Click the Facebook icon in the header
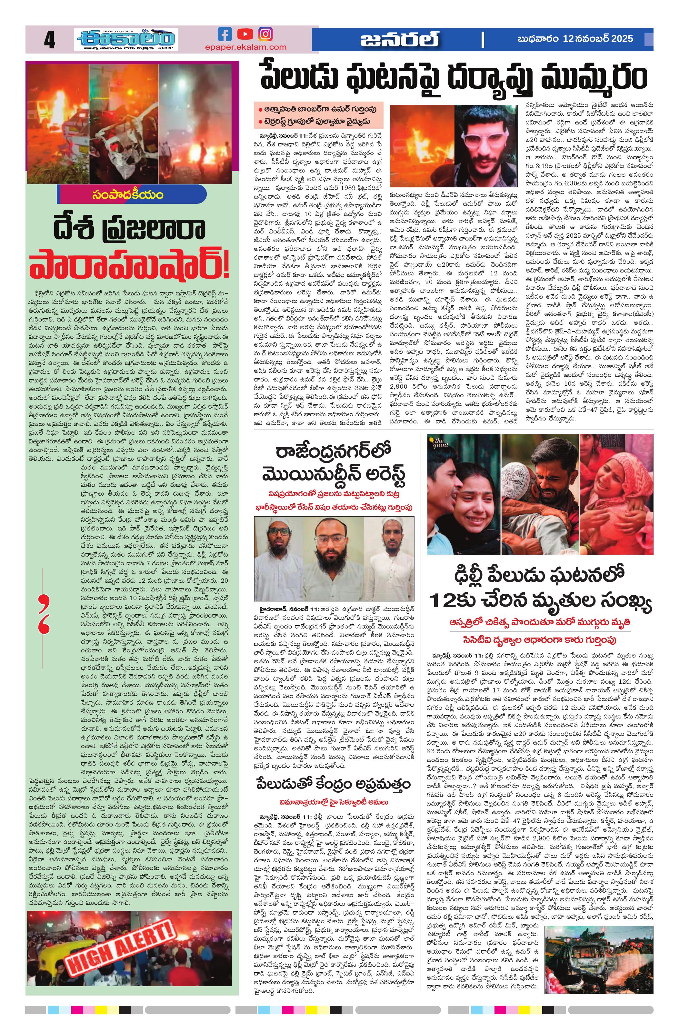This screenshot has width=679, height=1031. [x=225, y=34]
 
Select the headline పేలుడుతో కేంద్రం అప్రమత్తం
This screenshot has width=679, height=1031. [x=333, y=785]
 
